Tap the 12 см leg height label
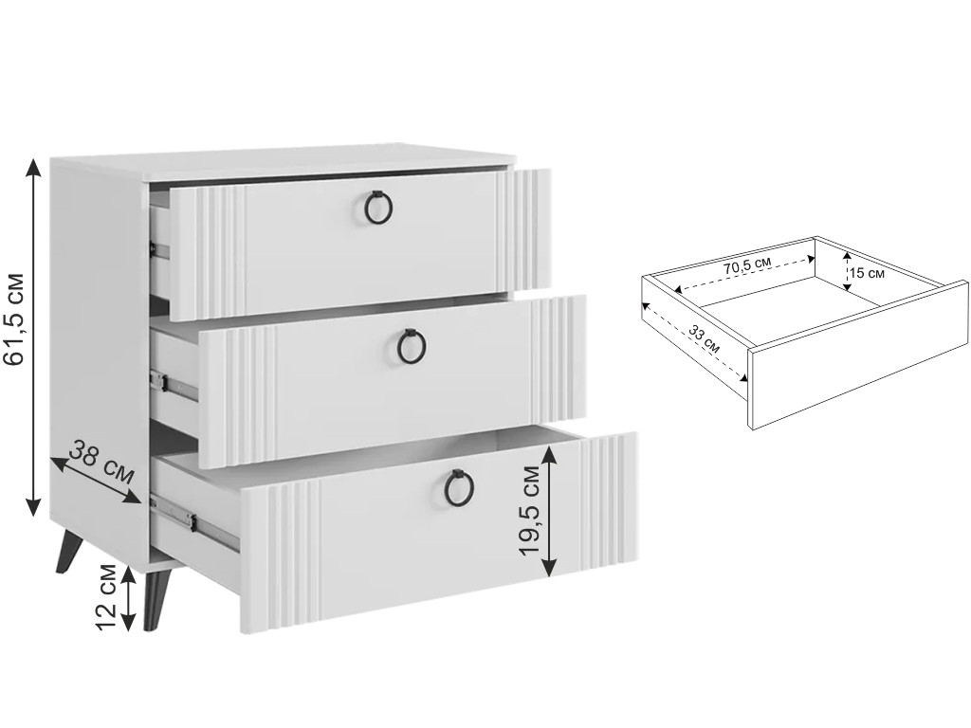(107, 597)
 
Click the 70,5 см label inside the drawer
(747, 266)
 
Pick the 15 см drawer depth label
(867, 272)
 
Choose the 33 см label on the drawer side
(705, 339)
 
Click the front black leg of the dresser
(156, 600)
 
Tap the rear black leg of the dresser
(70, 554)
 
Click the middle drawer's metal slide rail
(174, 385)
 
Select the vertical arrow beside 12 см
(128, 598)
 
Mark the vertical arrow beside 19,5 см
(549, 511)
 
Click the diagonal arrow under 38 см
(96, 481)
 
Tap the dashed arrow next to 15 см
(846, 270)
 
